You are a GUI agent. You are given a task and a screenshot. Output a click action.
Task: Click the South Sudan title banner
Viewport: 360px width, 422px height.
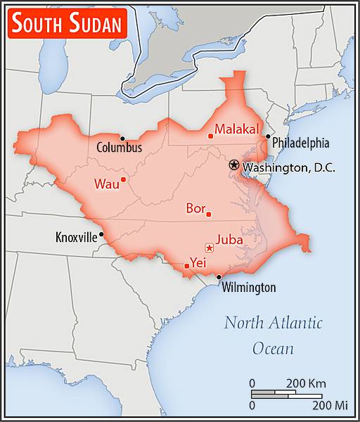click(67, 25)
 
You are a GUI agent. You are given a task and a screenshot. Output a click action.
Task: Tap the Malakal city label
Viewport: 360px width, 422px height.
click(237, 129)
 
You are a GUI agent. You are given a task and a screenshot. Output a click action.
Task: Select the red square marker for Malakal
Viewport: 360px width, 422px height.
click(210, 136)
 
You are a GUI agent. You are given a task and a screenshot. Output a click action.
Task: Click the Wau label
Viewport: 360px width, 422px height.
click(106, 184)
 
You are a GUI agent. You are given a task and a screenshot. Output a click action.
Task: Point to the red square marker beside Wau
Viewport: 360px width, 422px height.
click(123, 179)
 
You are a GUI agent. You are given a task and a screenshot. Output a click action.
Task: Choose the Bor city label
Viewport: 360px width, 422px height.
click(195, 208)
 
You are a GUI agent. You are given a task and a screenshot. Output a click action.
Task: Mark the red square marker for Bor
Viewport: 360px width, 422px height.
click(208, 215)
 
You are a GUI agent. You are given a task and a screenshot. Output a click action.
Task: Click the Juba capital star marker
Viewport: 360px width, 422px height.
click(209, 247)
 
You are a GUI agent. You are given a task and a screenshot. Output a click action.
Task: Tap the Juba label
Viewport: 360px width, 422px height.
click(230, 239)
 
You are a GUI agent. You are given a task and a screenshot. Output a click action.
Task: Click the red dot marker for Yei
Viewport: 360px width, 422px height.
click(186, 266)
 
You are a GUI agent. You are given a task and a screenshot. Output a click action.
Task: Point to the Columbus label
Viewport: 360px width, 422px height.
click(119, 148)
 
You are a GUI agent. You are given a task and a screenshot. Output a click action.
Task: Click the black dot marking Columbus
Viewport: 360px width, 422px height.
click(122, 138)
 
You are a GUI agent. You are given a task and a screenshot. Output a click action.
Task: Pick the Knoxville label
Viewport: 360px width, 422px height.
click(76, 238)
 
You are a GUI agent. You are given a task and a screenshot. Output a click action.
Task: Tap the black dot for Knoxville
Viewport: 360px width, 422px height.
click(102, 234)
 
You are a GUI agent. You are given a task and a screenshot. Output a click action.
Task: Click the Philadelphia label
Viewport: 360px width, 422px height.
click(301, 143)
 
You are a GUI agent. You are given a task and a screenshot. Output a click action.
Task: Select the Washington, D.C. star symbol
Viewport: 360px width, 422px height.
click(233, 165)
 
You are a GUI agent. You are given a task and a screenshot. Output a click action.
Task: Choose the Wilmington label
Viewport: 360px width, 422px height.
click(249, 287)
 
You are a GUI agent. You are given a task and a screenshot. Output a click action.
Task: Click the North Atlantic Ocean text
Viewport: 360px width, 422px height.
click(273, 335)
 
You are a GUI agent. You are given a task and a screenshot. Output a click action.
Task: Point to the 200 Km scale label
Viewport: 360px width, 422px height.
click(307, 383)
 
